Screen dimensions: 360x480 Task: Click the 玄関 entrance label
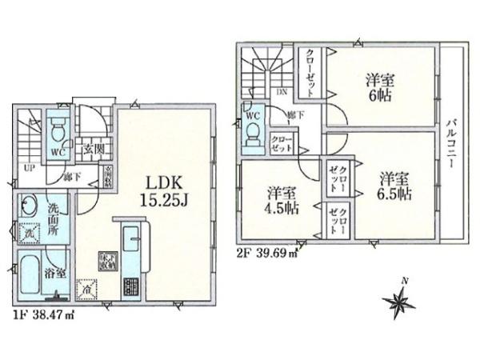[x=89, y=148]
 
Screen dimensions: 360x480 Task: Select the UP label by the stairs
[x=28, y=168]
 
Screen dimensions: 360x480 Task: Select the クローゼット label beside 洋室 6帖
[x=310, y=72]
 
